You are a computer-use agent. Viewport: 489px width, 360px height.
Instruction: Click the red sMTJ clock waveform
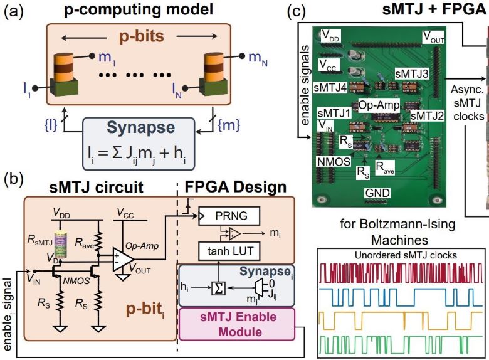pyautogui.click(x=401, y=273)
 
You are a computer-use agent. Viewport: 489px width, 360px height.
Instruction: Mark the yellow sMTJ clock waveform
pyautogui.click(x=401, y=320)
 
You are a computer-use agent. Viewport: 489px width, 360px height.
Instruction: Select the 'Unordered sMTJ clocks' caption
pyautogui.click(x=401, y=255)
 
